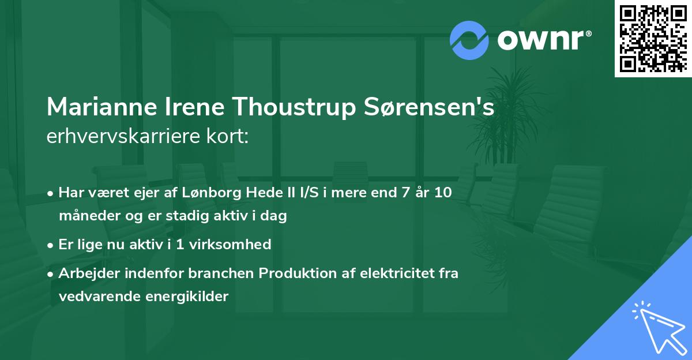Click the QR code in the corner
653,38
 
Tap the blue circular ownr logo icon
469,40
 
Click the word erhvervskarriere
119,137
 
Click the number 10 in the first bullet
443,193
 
